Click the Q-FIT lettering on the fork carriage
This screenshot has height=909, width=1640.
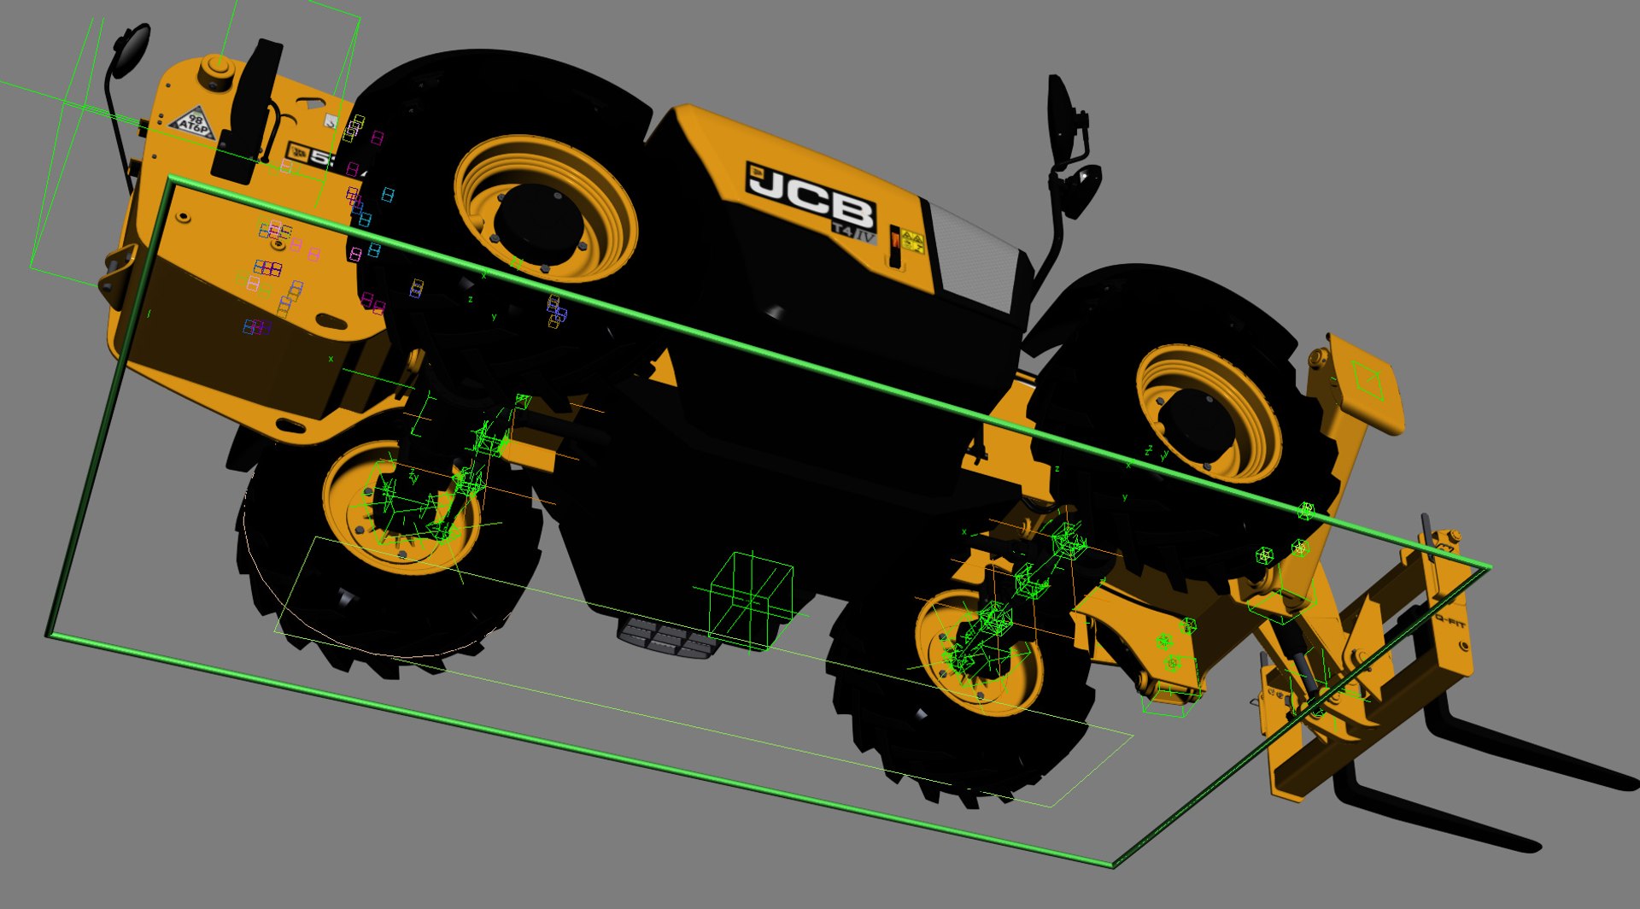click(x=1450, y=624)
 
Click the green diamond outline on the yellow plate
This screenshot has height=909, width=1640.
click(x=1369, y=379)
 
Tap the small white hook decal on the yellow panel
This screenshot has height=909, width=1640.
click(x=330, y=122)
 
